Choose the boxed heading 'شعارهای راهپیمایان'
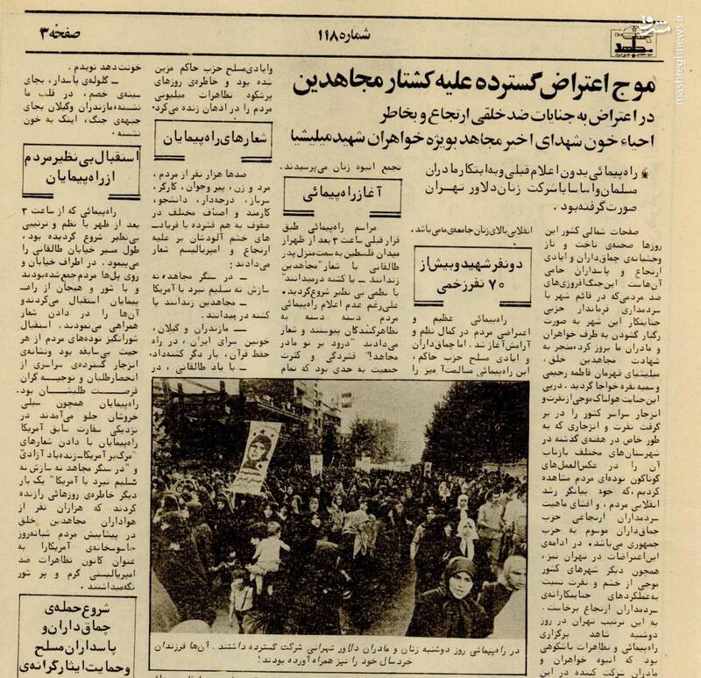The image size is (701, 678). tap(204, 136)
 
